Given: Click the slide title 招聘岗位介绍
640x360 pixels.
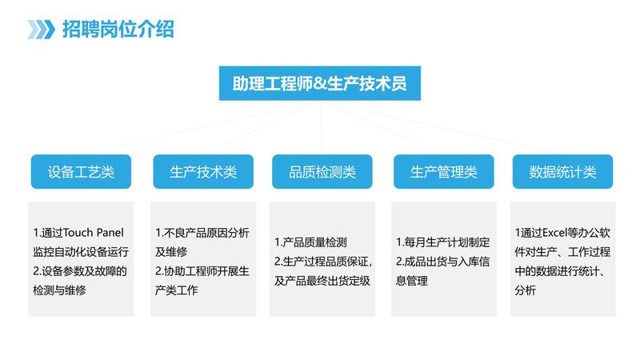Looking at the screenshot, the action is pos(118,30).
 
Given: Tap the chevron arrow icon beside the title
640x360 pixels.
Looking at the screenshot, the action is pos(41,30).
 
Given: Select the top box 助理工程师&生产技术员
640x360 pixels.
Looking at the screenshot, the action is pos(319,83).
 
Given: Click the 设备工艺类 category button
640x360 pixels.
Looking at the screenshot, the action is pos(81,172).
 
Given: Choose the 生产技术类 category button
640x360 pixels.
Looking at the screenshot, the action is pos(203,172).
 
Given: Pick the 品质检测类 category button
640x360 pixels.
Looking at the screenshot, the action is pos(322,172).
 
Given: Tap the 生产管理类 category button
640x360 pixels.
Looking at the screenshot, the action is pos(444,172).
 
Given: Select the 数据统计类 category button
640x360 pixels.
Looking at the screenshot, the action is pos(563,172).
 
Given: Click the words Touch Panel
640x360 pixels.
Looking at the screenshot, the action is pos(94,233).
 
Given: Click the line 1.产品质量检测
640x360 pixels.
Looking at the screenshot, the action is pos(310,242).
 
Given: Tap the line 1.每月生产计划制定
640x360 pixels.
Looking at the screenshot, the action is pos(443,242).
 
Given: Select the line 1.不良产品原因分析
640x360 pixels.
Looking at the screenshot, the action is pos(202,233).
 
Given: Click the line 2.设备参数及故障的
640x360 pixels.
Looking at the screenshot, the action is pos(80,271).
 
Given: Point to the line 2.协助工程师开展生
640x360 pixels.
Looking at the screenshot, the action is pos(202,271).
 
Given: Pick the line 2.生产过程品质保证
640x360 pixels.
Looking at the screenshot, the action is pos(323,262).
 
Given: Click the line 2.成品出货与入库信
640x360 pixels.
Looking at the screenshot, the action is pos(443,262).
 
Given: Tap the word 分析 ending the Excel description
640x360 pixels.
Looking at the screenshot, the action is pos(526,290).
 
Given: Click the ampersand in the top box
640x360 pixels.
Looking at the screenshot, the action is pos(319,84).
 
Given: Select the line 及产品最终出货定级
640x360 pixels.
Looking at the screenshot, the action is pos(322,281).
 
